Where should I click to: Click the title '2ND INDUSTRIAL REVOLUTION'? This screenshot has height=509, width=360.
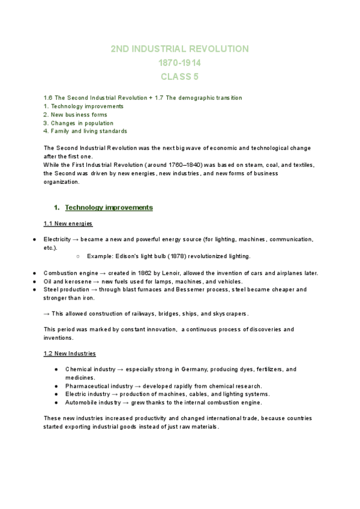pyautogui.click(x=180, y=49)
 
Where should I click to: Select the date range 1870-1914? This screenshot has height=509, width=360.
pyautogui.click(x=180, y=62)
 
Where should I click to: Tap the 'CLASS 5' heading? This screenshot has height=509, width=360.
pyautogui.click(x=180, y=76)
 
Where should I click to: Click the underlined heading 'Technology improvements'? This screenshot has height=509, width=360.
pyautogui.click(x=109, y=208)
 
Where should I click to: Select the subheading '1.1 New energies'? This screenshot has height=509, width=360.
pyautogui.click(x=68, y=224)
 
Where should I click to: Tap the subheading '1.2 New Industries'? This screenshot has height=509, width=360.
pyautogui.click(x=70, y=354)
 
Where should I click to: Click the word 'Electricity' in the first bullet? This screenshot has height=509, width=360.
pyautogui.click(x=57, y=239)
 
